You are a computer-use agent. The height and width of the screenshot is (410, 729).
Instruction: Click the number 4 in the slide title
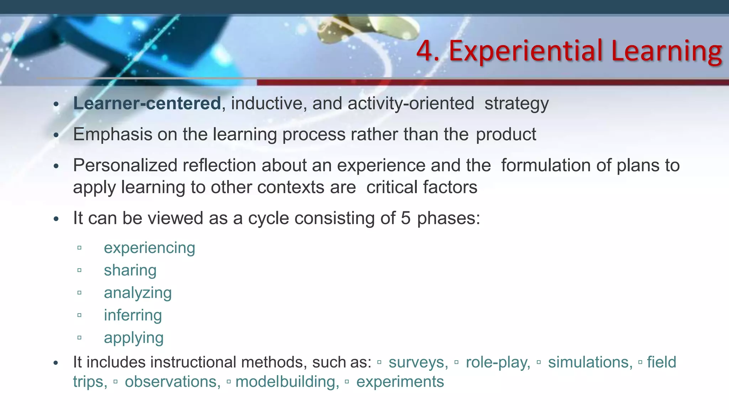425,51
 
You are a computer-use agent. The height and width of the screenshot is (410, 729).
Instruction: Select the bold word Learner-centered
147,104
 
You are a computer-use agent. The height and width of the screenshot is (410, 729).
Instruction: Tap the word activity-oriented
411,104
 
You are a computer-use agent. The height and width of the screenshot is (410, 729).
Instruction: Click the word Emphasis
112,135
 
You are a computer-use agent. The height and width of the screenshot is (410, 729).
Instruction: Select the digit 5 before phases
406,218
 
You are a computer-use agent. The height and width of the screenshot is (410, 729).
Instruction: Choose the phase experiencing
150,248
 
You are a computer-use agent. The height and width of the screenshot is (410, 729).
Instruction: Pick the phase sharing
130,270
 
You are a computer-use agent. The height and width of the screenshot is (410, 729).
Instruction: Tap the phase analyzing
138,293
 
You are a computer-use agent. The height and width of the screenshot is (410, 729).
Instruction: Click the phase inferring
133,315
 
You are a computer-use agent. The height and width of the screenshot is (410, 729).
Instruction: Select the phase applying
133,338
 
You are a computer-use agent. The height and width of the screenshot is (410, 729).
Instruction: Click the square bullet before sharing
79,270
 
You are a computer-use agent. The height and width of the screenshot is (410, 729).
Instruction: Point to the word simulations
590,362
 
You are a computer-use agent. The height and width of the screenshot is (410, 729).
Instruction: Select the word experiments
400,382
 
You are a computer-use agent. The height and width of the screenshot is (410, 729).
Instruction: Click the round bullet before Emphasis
56,136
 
